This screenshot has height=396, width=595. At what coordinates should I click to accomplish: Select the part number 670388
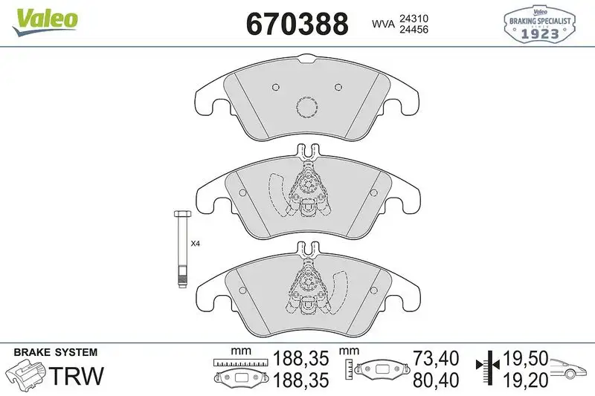297,24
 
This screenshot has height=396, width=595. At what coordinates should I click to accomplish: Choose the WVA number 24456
414,30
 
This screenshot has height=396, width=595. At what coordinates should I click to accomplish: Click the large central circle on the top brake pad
306,108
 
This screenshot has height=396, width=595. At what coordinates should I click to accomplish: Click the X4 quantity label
196,243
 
